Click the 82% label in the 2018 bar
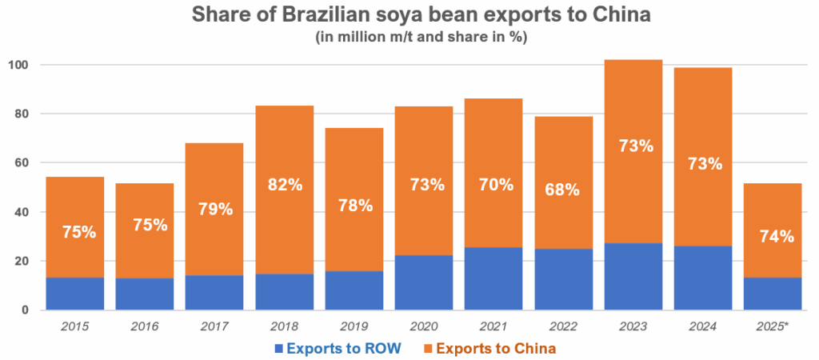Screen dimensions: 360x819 point(285,185)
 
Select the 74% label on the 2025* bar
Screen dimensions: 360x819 point(773,236)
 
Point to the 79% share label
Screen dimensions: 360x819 point(214,209)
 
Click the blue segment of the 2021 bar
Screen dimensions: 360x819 point(493,278)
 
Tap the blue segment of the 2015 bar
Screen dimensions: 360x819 point(75,294)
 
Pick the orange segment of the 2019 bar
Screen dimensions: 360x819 point(354,160)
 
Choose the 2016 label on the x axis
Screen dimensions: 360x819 point(145,326)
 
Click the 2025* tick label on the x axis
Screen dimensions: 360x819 point(773,326)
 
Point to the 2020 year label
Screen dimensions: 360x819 point(424,326)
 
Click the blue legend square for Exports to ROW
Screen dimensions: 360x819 point(278,349)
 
